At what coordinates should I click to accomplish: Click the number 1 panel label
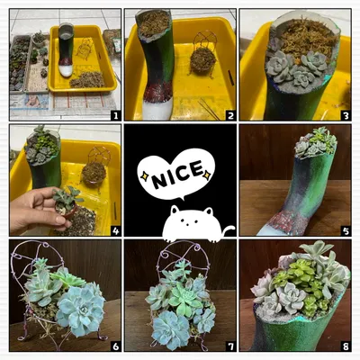115,115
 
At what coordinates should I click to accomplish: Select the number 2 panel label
230,115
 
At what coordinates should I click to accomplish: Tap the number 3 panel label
346,115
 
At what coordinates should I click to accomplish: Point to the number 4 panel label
115,230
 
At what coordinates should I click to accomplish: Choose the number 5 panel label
346,230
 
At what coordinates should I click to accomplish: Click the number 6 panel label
115,346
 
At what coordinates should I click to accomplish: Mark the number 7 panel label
230,346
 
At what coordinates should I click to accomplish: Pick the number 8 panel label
346,346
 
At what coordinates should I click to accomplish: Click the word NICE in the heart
177,175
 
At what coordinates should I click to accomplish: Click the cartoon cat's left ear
175,209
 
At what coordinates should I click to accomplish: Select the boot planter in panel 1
66,49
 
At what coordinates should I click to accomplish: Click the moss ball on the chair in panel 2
202,60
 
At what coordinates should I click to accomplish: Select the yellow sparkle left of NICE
145,176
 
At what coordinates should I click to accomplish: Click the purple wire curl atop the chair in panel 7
197,248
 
